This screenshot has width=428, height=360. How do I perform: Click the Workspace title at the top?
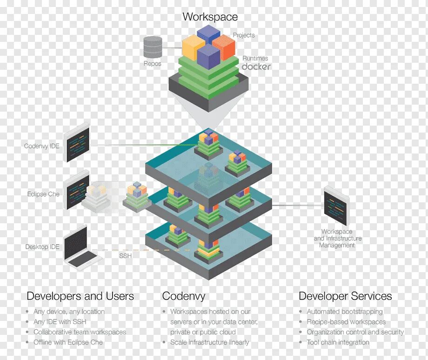210,17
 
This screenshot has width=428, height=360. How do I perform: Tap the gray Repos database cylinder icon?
153,47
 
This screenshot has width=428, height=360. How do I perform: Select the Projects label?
244,35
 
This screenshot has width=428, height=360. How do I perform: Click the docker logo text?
256,67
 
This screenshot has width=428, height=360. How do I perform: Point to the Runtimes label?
255,58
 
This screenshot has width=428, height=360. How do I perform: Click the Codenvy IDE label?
42,146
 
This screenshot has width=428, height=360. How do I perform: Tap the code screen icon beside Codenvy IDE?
77,142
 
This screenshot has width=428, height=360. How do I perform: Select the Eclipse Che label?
43,194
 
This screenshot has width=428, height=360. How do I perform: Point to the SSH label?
125,256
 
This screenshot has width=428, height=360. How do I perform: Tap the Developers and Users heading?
80,296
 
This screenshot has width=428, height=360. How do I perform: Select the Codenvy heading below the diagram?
183,296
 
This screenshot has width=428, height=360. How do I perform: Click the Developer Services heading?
345,296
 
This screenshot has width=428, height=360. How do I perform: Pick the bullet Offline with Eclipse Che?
68,342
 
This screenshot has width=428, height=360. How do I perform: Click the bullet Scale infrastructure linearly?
209,342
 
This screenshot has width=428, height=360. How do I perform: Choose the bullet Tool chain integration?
338,342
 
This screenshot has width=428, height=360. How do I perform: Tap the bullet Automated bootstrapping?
344,312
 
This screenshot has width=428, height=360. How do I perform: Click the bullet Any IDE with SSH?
60,322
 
